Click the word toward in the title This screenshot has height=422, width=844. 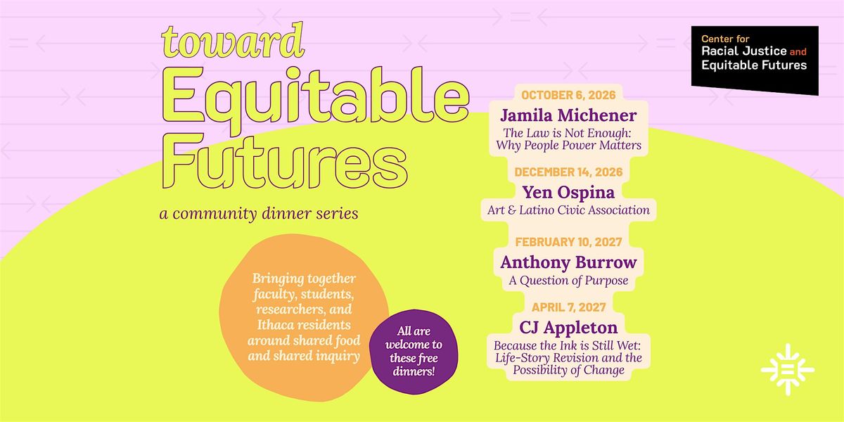tap(233, 40)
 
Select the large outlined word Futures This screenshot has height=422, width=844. tap(285, 161)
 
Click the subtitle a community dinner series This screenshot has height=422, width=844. tap(259, 214)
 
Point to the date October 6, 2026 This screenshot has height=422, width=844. tap(568, 95)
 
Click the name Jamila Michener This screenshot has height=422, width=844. tap(568, 115)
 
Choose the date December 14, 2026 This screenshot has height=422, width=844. tap(568, 172)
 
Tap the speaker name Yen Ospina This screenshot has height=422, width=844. tap(568, 193)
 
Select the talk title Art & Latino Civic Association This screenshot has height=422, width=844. tap(568, 210)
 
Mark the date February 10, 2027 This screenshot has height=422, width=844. tap(568, 242)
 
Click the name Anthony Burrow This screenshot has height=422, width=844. tap(568, 262)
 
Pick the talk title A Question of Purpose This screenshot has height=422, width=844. tap(568, 281)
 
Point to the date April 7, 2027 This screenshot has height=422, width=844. tap(568, 307)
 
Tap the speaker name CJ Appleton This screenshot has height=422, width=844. tap(568, 328)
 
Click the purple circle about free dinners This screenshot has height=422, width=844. tap(414, 352)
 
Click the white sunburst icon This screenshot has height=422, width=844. tap(788, 370)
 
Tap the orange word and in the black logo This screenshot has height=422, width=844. tap(798, 51)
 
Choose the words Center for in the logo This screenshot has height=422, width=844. tap(725, 39)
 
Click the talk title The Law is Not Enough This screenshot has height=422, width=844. tap(567, 133)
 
